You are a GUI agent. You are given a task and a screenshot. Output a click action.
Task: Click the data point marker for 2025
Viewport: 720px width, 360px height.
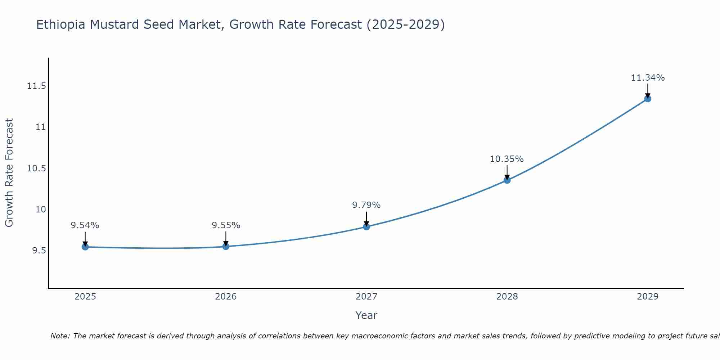[x=85, y=247]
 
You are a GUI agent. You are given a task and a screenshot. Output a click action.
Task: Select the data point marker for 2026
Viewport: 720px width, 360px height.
[x=226, y=246]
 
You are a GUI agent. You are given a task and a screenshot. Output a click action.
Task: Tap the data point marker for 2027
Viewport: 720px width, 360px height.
[x=366, y=226]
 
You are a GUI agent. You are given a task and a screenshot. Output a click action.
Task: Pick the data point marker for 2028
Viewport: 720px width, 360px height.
[x=507, y=180]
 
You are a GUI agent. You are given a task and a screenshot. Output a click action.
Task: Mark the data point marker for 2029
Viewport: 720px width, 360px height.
[x=647, y=99]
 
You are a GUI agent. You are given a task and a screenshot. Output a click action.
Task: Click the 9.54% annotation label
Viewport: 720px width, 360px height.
[x=85, y=225]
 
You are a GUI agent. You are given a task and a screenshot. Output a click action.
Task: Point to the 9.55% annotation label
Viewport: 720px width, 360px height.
[x=226, y=225]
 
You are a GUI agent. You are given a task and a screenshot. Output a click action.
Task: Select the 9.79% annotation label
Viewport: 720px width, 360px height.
[x=366, y=205]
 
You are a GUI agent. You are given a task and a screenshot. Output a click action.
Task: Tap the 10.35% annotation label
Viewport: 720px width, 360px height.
[x=507, y=159]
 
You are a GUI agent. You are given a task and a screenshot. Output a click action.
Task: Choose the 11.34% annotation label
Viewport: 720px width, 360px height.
[x=648, y=78]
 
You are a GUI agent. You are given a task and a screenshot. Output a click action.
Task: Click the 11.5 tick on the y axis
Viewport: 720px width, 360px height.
[x=36, y=86]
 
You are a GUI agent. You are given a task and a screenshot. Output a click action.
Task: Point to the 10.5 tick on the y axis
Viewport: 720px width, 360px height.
[x=36, y=168]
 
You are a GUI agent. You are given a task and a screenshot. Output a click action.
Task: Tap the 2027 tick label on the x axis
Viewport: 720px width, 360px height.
[x=366, y=297]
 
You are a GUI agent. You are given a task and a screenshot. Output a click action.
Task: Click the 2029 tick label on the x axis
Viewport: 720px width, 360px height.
[x=648, y=297]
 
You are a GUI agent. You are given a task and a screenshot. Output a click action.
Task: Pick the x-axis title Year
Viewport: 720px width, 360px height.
[x=366, y=315]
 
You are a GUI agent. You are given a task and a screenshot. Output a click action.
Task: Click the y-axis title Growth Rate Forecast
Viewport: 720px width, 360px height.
[x=9, y=173]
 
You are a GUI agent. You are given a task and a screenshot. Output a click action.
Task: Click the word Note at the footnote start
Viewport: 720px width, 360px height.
[x=60, y=336]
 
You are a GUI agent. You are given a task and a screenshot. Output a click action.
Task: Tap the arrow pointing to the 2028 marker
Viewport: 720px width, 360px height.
[x=507, y=172]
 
